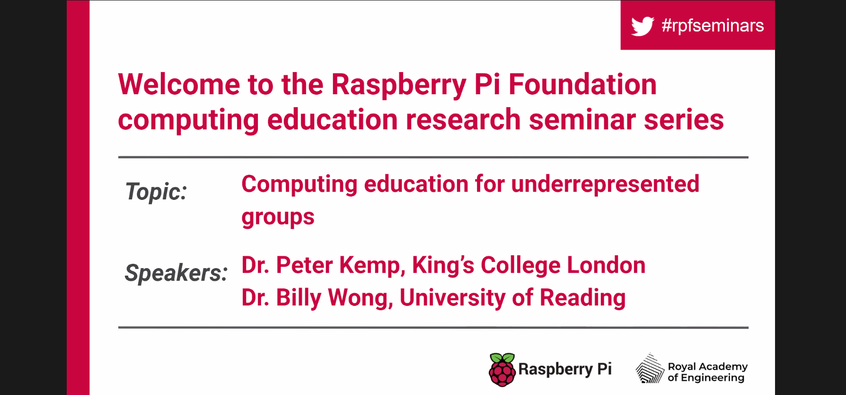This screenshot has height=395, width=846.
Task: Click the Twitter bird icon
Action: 643,26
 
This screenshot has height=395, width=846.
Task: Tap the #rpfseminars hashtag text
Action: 713,26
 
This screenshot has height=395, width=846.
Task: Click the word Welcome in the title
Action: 179,84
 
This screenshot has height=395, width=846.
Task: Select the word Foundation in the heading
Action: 582,84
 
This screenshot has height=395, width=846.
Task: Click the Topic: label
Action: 156,192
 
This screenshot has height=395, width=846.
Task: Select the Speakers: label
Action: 176,273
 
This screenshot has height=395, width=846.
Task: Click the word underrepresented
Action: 605,184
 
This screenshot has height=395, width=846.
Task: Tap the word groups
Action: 278,217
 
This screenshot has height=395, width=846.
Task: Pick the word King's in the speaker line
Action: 443,265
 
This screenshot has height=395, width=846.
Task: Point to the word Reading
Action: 583,298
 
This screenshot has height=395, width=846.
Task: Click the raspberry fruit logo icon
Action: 502,370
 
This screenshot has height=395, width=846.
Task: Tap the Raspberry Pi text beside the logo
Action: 565,369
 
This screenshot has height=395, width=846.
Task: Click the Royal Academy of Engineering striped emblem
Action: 650,368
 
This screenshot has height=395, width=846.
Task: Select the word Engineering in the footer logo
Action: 713,378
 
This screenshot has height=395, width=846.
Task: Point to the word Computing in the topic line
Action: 299,185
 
